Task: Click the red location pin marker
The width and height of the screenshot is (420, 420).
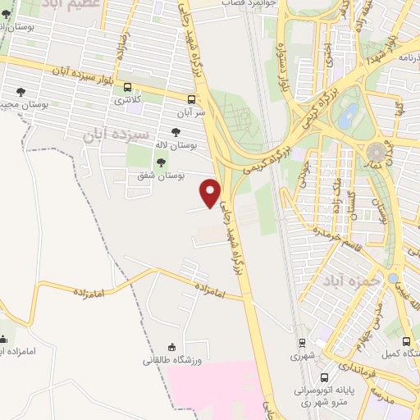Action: click(212, 193)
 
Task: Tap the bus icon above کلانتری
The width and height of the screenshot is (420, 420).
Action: click(127, 88)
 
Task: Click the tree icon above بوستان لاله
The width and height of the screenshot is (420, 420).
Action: click(176, 131)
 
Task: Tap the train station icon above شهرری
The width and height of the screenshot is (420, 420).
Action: click(302, 343)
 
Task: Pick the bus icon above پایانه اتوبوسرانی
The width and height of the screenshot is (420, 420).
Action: click(325, 378)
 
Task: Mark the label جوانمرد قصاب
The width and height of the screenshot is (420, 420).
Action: click(245, 3)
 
